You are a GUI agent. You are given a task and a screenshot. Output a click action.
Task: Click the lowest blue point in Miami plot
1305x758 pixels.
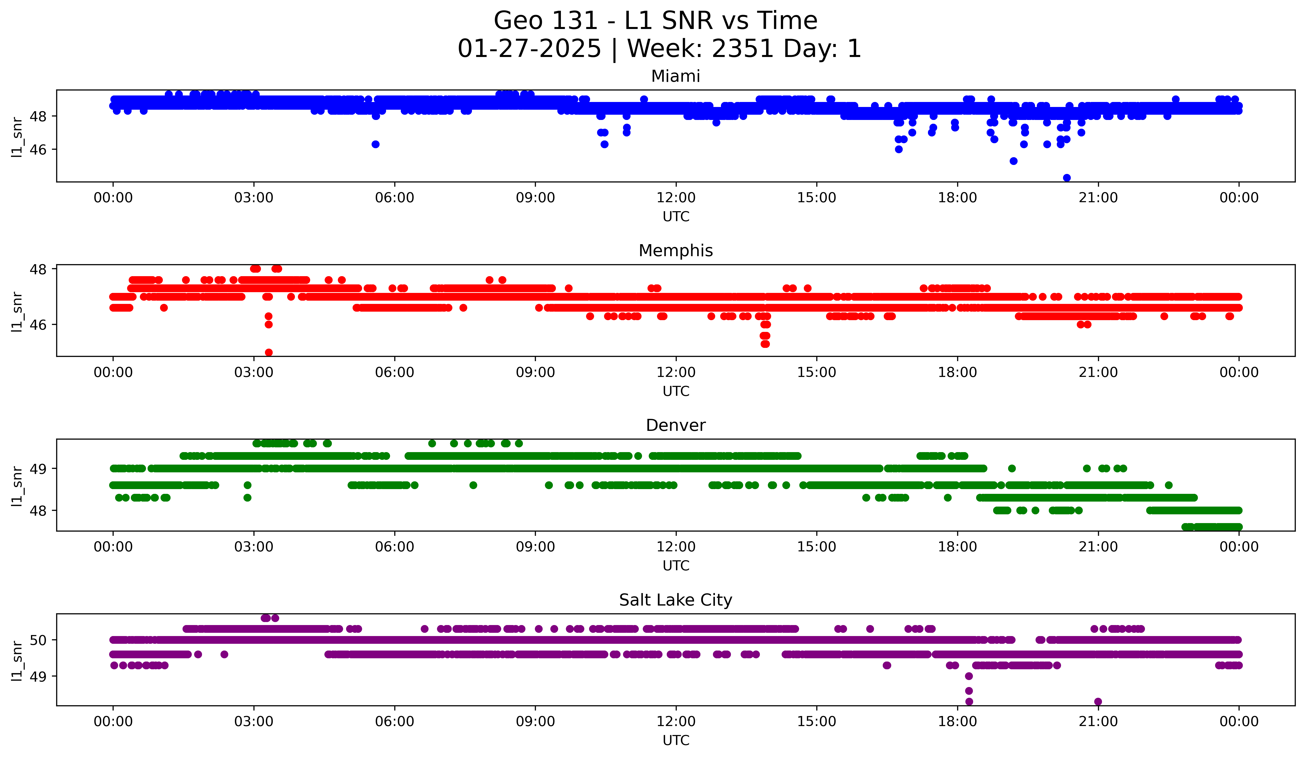(1067, 178)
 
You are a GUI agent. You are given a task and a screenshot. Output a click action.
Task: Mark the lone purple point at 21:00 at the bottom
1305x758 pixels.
(1098, 702)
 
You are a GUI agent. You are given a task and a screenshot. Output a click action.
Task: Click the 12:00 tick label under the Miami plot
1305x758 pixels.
(676, 197)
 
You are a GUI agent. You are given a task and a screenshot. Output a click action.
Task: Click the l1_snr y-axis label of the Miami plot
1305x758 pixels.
(17, 137)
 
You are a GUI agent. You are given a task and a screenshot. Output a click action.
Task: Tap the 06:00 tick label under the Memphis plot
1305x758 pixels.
(395, 372)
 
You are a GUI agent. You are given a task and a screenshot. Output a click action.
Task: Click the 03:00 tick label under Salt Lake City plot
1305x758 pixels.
(254, 721)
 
